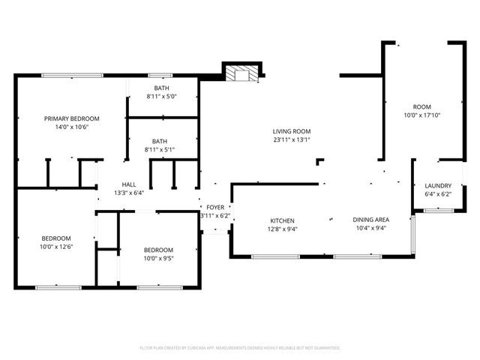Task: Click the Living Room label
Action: pyautogui.click(x=292, y=131)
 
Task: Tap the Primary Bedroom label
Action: pyautogui.click(x=71, y=118)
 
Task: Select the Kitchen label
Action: pyautogui.click(x=282, y=220)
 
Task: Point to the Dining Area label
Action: pyautogui.click(x=371, y=220)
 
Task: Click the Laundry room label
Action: pyautogui.click(x=438, y=186)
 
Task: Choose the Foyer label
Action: pyautogui.click(x=215, y=208)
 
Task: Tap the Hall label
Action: pyautogui.click(x=129, y=184)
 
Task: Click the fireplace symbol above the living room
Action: pyautogui.click(x=241, y=73)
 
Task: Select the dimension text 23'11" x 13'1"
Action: pyautogui.click(x=292, y=139)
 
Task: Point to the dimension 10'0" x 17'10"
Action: pyautogui.click(x=422, y=115)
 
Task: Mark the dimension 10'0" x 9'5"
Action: pyautogui.click(x=158, y=259)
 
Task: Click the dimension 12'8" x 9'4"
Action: pyautogui.click(x=282, y=229)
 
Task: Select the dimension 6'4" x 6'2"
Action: pyautogui.click(x=438, y=194)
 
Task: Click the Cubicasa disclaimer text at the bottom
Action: pyautogui.click(x=240, y=348)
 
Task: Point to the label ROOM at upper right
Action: pyautogui.click(x=422, y=106)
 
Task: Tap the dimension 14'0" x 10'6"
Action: pyautogui.click(x=71, y=127)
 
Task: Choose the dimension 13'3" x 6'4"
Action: pyautogui.click(x=129, y=193)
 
